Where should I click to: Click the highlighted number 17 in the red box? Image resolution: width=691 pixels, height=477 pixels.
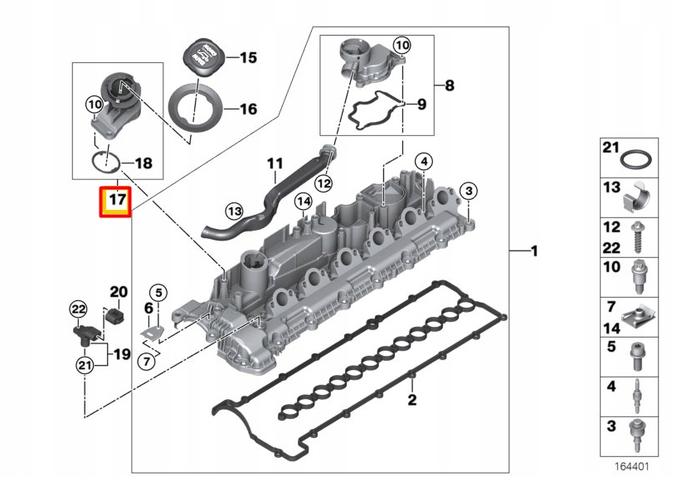pos(114,201)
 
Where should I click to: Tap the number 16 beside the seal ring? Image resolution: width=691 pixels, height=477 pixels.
pos(247,109)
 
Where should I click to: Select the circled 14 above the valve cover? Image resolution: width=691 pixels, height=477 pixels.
pos(304,201)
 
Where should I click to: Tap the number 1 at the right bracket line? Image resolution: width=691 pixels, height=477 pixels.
pos(535,250)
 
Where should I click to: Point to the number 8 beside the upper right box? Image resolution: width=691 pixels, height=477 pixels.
pos(449,85)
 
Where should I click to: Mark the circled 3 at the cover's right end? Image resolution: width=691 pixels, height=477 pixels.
pos(469,192)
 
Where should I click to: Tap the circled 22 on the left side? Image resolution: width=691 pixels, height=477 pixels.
pos(77,309)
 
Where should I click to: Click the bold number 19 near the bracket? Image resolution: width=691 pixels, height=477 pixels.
pos(122,354)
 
